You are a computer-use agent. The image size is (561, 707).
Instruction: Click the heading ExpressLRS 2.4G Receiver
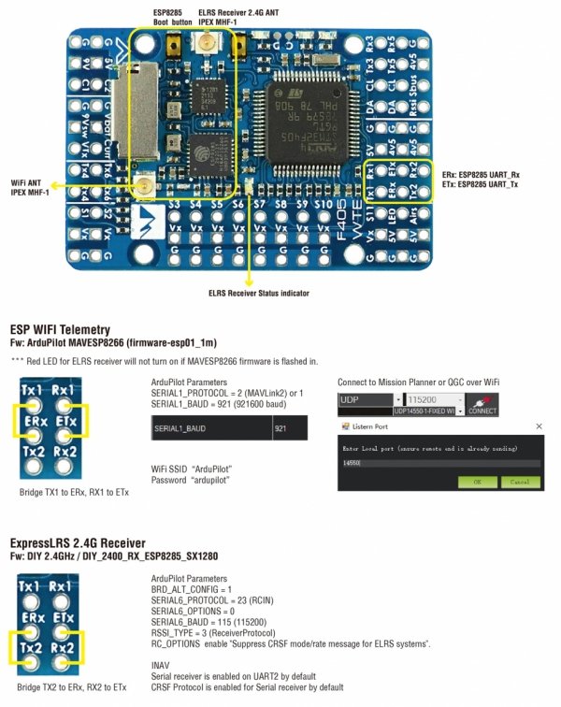pos(78,542)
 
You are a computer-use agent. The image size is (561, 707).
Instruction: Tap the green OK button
pos(478,482)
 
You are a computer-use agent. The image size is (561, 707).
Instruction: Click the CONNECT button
pos(482,404)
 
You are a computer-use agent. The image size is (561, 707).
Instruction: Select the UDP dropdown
pos(366,399)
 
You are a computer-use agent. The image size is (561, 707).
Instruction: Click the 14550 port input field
pos(439,462)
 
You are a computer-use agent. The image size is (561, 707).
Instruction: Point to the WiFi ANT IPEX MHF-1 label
pos(32,188)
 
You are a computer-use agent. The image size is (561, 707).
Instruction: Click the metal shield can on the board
pos(142,100)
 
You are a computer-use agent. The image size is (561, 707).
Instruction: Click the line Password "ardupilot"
pos(191,479)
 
